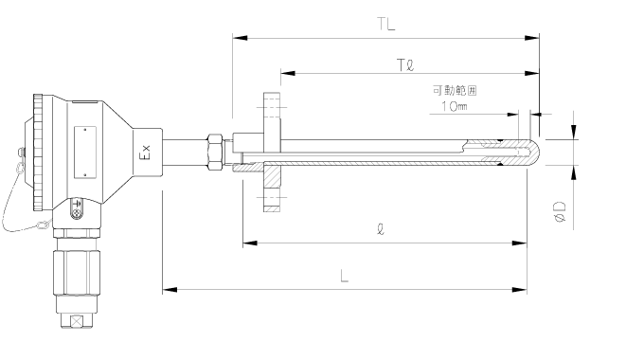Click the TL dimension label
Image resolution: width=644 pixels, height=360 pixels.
click(385, 24)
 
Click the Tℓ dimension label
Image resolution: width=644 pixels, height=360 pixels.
click(406, 63)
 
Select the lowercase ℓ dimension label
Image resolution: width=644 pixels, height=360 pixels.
click(380, 229)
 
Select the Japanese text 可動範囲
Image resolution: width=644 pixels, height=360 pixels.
click(454, 91)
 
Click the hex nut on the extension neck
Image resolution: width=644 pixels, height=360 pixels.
click(216, 152)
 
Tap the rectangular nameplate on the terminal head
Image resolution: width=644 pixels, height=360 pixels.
click(86, 151)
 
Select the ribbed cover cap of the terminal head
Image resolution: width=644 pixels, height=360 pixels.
click(38, 152)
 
